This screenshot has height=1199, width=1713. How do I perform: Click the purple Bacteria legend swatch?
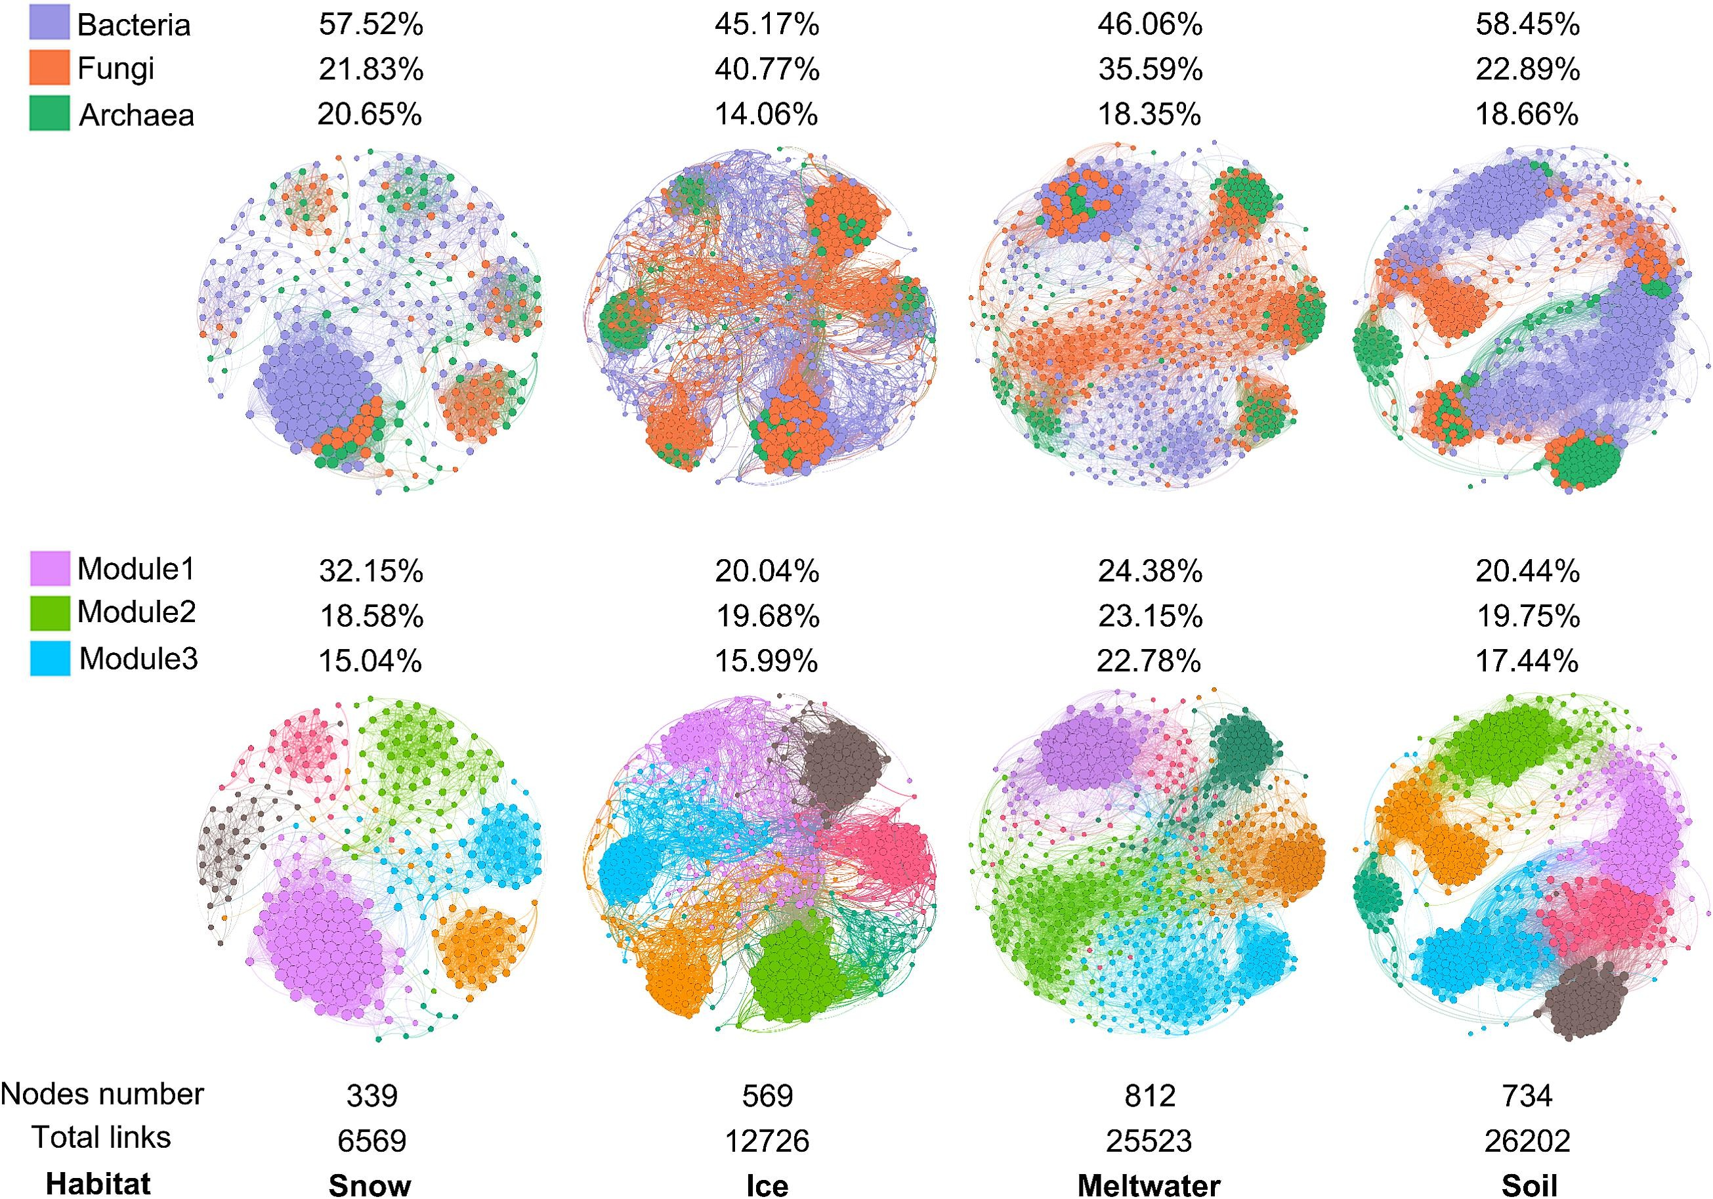tap(49, 22)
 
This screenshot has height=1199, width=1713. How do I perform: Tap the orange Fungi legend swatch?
tap(49, 68)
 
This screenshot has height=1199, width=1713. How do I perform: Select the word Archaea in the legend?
tap(137, 115)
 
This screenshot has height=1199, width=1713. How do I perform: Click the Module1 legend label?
tap(136, 569)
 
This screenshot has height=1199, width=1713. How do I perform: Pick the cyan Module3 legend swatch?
tap(50, 659)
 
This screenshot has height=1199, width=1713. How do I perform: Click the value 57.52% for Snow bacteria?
tap(371, 25)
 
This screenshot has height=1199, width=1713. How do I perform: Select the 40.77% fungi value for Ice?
tap(767, 70)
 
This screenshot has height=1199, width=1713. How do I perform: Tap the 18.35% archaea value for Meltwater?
tap(1149, 115)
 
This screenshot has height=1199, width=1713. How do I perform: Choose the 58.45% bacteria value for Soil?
tap(1527, 25)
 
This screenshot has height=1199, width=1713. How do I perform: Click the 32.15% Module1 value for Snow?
tap(371, 572)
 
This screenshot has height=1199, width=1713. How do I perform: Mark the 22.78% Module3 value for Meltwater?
tap(1149, 661)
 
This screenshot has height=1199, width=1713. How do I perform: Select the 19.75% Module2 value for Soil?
tap(1528, 616)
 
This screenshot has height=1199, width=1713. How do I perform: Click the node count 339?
tap(371, 1095)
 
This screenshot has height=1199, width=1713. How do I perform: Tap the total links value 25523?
tap(1149, 1141)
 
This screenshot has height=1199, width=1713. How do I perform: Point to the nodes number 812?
tap(1150, 1095)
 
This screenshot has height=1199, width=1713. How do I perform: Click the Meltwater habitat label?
tap(1149, 1185)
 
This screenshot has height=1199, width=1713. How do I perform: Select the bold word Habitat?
tap(98, 1184)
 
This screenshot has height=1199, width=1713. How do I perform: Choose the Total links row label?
tap(102, 1138)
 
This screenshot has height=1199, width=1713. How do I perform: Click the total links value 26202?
tap(1527, 1141)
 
